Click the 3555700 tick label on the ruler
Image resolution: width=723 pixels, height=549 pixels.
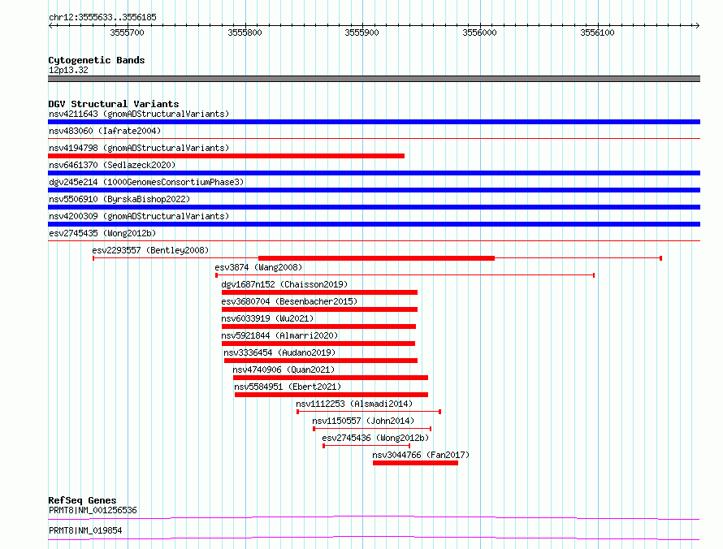point(127,32)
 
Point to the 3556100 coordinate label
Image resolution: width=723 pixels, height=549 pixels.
point(597,32)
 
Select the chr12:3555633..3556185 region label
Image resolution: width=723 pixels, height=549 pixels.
point(102,18)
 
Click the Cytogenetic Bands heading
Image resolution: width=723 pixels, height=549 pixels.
point(97,60)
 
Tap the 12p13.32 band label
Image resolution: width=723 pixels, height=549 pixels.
point(68,70)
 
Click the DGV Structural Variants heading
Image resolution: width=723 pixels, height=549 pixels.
point(114,104)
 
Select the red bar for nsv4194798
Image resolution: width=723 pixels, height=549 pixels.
point(227,156)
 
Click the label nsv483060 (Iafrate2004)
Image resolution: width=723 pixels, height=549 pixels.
point(105,131)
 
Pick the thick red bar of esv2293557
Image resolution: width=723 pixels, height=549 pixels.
point(376,258)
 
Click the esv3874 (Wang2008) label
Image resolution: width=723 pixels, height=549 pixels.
point(258,267)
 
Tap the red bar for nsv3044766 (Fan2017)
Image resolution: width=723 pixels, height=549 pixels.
point(415,463)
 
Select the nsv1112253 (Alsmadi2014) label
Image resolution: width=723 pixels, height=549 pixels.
point(354,404)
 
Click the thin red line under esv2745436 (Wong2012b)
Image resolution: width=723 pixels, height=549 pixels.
point(366,446)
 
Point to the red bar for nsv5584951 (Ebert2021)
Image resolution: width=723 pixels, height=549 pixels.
point(331,395)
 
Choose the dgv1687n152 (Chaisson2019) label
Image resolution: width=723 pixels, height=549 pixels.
point(284,284)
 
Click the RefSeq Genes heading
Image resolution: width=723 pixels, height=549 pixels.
point(82,500)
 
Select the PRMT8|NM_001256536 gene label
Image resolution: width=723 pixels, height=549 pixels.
point(93,510)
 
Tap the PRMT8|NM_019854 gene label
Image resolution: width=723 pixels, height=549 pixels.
point(85,530)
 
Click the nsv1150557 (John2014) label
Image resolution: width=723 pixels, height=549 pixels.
point(363,421)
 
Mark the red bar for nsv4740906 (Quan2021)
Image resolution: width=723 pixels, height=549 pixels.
point(331,378)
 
